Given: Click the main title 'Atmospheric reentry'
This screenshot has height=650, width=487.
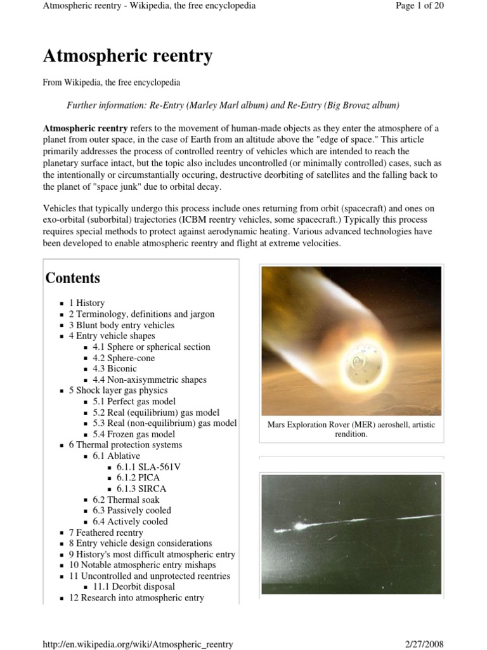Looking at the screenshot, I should pyautogui.click(x=127, y=56).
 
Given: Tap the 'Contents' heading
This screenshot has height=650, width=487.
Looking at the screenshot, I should pyautogui.click(x=73, y=278).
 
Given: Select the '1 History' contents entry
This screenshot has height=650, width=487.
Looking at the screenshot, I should pyautogui.click(x=87, y=303).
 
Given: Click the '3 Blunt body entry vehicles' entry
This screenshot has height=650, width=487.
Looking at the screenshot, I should pyautogui.click(x=121, y=325).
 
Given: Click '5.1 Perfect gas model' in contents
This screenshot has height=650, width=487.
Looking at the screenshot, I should pyautogui.click(x=134, y=401).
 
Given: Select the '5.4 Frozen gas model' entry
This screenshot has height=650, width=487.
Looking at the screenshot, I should pyautogui.click(x=133, y=434).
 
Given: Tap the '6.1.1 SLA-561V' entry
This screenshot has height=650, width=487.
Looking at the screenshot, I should pyautogui.click(x=148, y=467).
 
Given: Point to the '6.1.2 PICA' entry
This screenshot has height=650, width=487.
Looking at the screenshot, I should pyautogui.click(x=140, y=477).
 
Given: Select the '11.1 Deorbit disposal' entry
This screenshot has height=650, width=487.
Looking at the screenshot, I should pyautogui.click(x=134, y=587).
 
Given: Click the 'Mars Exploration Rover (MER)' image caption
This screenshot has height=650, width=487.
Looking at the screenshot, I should pyautogui.click(x=351, y=430).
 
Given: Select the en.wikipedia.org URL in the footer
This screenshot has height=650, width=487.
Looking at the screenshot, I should pyautogui.click(x=138, y=644).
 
